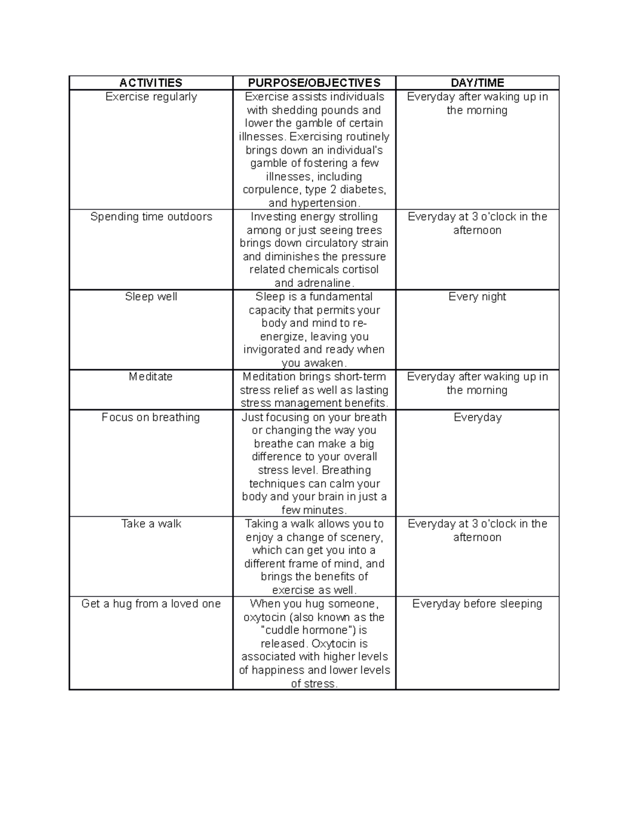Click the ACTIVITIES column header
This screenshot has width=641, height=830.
coord(151,83)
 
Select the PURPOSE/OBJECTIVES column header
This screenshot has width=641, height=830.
coord(314,83)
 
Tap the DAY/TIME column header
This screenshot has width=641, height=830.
coord(477,83)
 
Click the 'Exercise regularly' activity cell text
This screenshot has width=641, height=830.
coord(151,97)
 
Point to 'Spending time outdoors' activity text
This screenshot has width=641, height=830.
coord(151,217)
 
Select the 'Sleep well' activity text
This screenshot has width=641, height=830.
coord(151,297)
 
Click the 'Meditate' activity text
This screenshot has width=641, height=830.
coord(151,377)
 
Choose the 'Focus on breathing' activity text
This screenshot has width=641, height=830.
coord(151,417)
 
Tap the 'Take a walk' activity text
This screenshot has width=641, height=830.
coord(151,524)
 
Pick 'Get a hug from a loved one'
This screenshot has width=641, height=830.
coord(151,604)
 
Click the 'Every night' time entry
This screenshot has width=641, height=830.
coord(477,297)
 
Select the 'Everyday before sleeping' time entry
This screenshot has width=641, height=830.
coord(477,604)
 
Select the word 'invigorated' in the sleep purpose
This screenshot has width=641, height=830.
coord(271,350)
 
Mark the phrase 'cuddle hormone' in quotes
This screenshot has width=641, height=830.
coord(307,631)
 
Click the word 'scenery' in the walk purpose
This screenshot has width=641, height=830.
coord(361,537)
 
